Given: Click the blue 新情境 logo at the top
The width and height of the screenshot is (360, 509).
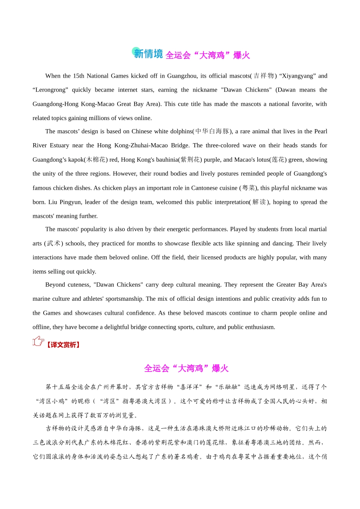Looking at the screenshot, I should pyautogui.click(x=147, y=53).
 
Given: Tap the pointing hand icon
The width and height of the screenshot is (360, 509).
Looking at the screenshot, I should pyautogui.click(x=38, y=341).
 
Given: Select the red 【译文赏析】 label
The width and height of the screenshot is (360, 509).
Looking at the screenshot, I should pyautogui.click(x=63, y=345).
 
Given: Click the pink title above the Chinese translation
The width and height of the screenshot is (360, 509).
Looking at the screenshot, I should pyautogui.click(x=186, y=368).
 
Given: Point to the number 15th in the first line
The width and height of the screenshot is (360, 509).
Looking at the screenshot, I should pyautogui.click(x=78, y=76).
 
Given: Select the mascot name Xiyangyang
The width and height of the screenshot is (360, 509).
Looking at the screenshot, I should pyautogui.click(x=297, y=76).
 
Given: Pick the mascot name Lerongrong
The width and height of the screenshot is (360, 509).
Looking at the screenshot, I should pyautogui.click(x=50, y=90).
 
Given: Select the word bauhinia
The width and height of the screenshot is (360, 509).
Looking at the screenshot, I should pyautogui.click(x=167, y=160).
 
